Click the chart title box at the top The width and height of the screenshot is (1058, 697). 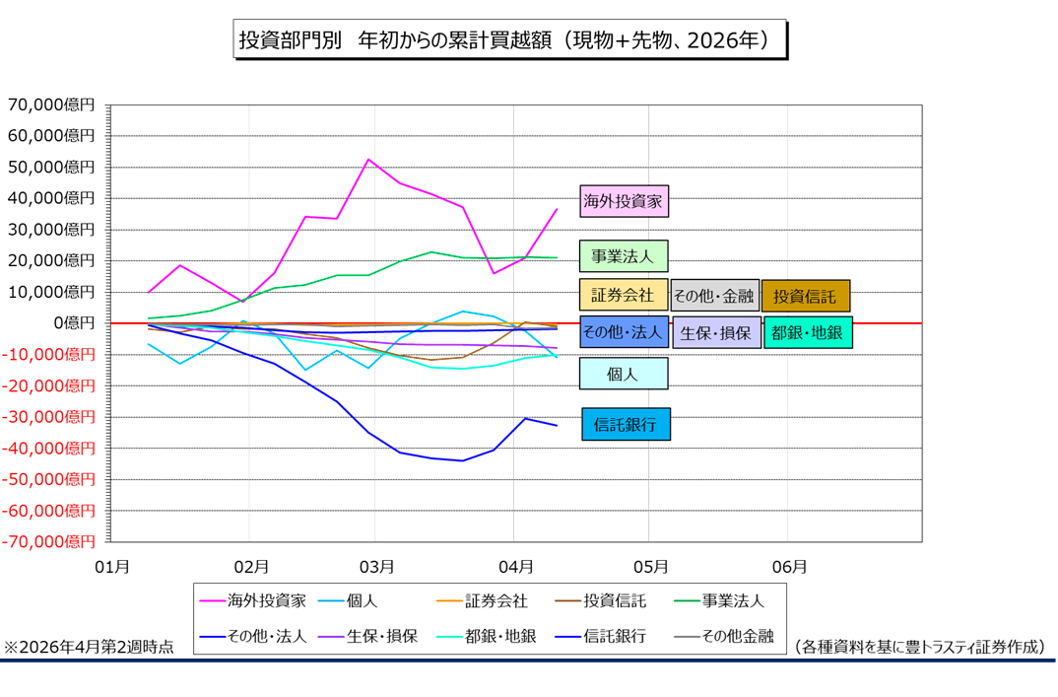tap(511, 39)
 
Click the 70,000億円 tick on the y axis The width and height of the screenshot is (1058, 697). tap(50, 105)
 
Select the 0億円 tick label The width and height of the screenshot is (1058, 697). tap(74, 322)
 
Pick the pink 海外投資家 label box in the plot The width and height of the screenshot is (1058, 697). tap(624, 201)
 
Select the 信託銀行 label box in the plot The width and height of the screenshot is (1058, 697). tap(626, 424)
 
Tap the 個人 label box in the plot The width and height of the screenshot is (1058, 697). tap(624, 374)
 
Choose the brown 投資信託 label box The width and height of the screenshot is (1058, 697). tap(805, 295)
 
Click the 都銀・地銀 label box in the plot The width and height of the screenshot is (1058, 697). tap(807, 333)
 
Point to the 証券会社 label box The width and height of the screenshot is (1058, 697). tap(624, 294)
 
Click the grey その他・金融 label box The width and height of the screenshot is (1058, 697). tap(714, 295)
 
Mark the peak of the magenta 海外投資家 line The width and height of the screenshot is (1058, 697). tap(367, 160)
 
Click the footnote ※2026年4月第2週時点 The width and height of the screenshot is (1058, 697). tap(90, 647)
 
